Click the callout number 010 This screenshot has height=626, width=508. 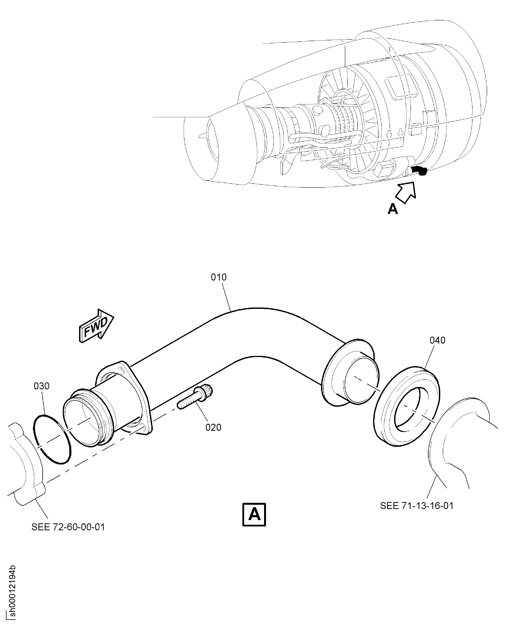pyautogui.click(x=219, y=277)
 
